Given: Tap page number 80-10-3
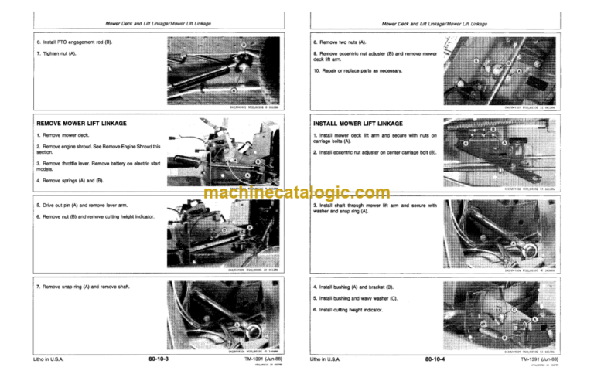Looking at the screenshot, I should (x=158, y=359).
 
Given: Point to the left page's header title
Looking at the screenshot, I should (x=152, y=26).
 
